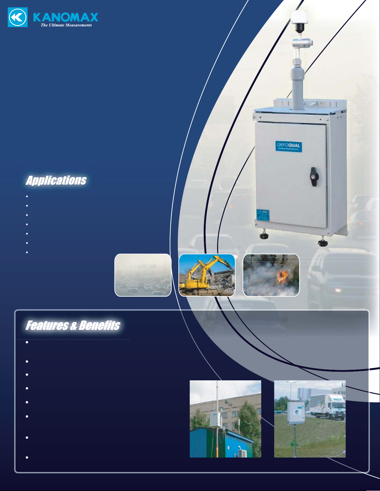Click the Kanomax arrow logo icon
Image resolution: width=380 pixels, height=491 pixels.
[18, 18]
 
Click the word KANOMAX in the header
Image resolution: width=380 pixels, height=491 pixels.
[66, 17]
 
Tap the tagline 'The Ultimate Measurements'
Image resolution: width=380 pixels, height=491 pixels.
[66, 25]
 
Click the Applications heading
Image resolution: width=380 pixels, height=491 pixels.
[56, 180]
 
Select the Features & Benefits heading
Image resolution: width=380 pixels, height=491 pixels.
[73, 325]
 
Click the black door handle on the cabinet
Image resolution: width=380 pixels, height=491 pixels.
[314, 177]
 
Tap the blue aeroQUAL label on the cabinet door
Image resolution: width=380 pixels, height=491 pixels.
[288, 146]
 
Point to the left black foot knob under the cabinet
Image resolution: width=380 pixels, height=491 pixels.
[264, 236]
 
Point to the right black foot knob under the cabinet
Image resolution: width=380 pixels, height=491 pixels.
[323, 242]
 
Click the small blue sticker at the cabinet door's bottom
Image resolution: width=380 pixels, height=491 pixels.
[263, 215]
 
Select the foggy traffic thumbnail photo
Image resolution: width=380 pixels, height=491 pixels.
[143, 275]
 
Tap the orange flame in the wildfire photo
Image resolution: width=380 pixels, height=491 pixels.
[282, 277]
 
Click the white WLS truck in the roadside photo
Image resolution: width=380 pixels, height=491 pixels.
[329, 406]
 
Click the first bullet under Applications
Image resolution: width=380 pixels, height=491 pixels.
[27, 196]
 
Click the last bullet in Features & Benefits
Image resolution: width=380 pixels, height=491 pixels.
[27, 458]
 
